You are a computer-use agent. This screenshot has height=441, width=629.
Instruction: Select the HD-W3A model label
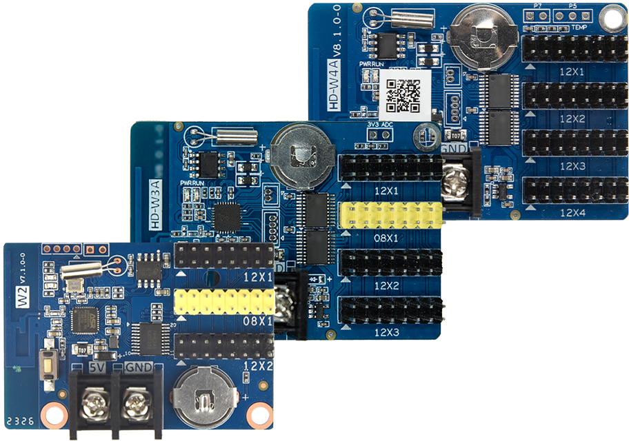(x=155, y=205)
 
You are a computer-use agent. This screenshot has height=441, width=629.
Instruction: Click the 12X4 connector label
(x=572, y=213)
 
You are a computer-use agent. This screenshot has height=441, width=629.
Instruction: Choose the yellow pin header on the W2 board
(x=224, y=302)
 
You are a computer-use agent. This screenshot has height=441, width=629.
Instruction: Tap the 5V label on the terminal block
(x=97, y=369)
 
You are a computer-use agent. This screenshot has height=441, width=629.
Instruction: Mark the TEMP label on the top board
(x=579, y=28)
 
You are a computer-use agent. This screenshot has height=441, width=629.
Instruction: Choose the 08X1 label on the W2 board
(x=257, y=321)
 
